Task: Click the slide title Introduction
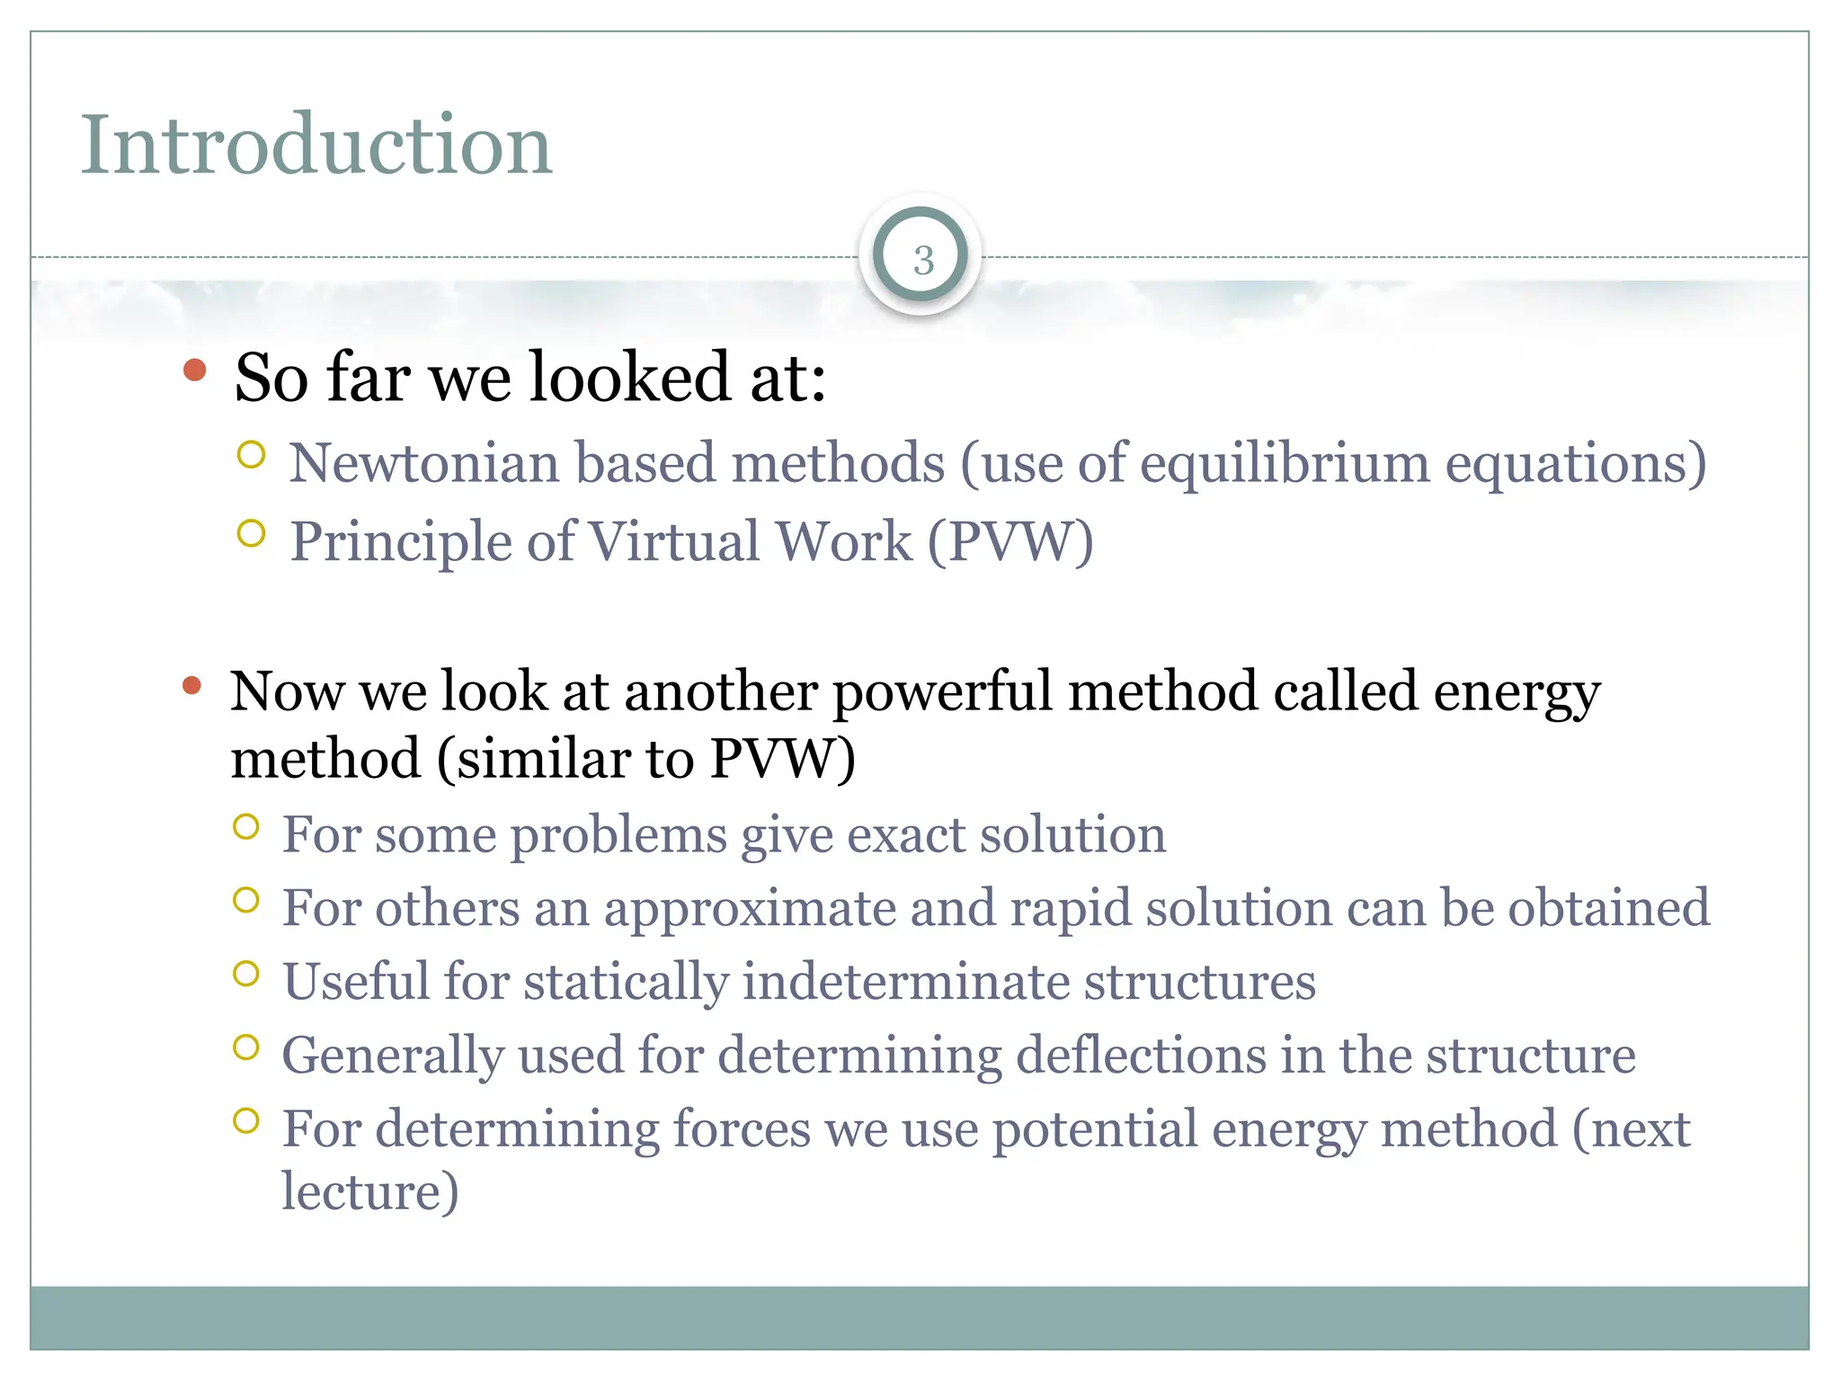point(316,145)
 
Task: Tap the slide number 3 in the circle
point(922,259)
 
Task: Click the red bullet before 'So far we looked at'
point(194,370)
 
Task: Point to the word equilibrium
point(1285,465)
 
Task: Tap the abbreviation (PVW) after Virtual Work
point(1010,542)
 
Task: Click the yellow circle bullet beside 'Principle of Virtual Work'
point(252,534)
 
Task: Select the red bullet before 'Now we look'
point(191,687)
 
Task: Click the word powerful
point(942,692)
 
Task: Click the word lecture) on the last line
point(370,1191)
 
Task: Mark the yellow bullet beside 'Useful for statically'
point(246,974)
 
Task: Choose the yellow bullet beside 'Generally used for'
point(246,1047)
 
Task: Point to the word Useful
point(356,981)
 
